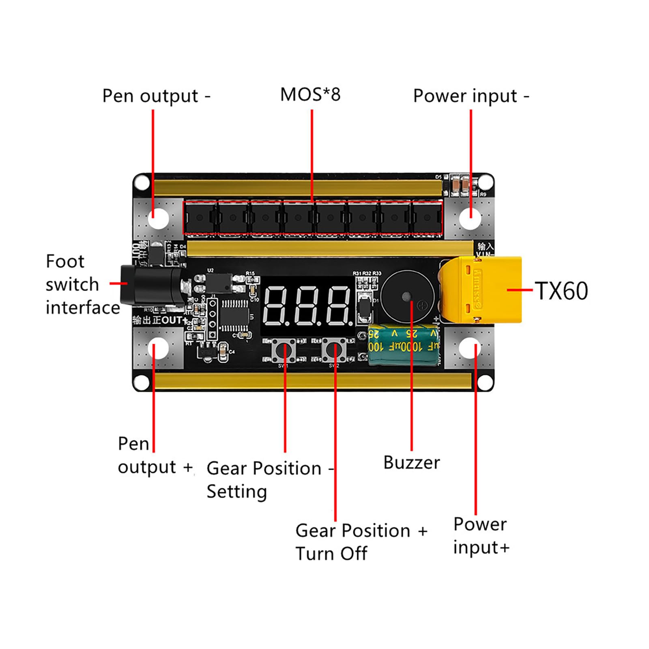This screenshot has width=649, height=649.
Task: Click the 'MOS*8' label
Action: point(310,95)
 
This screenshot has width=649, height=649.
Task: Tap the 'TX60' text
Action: point(561,291)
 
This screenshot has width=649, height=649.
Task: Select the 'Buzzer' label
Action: point(411,463)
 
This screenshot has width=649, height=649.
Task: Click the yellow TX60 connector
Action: point(481,290)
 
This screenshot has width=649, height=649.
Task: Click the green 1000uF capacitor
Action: point(404,345)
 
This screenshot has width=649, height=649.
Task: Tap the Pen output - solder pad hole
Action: point(158,219)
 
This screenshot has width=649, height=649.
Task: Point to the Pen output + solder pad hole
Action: point(158,349)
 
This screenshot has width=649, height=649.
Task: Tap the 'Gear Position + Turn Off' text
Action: point(361,542)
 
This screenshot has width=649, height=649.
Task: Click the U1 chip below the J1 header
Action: point(234,316)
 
